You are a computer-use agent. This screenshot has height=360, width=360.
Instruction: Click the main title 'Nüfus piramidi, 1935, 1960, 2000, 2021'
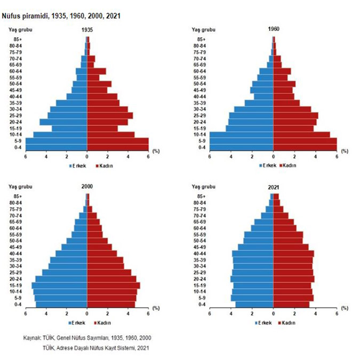point(61,16)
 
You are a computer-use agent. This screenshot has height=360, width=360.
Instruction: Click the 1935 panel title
point(89,30)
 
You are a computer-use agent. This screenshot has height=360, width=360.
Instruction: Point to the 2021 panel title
point(274,187)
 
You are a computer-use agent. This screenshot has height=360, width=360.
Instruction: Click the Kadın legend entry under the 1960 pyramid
point(289,165)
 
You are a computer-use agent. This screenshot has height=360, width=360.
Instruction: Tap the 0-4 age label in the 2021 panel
point(201,305)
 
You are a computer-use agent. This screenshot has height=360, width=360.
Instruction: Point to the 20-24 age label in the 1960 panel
point(200,122)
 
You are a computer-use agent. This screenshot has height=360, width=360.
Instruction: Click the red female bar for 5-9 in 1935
point(118,141)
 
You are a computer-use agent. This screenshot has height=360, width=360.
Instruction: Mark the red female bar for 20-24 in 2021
point(293,279)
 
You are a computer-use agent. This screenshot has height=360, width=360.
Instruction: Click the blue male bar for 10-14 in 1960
point(242,135)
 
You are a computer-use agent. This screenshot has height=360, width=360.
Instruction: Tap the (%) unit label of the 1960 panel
point(345,151)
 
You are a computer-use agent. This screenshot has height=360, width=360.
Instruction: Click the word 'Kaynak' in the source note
point(33,338)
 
